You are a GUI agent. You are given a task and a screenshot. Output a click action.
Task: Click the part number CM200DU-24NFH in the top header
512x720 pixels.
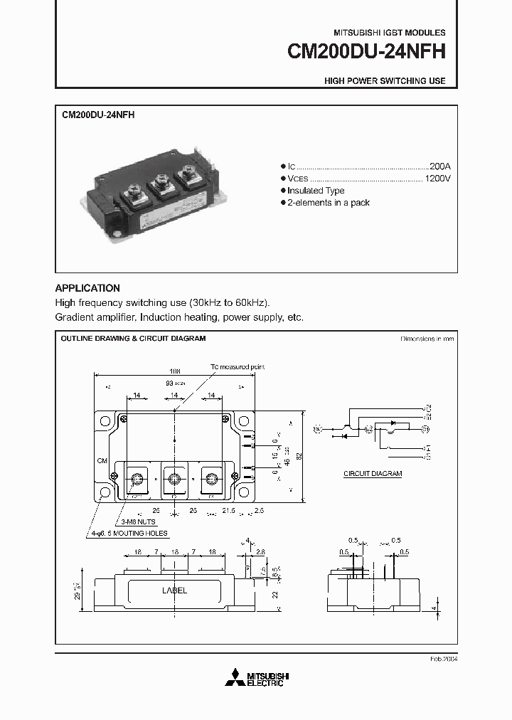[366, 53]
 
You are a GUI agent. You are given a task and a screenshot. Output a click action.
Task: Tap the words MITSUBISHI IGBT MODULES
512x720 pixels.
[390, 33]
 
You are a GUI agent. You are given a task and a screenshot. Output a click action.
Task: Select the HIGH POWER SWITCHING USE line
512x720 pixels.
[385, 81]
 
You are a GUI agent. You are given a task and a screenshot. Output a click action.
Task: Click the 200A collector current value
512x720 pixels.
[439, 164]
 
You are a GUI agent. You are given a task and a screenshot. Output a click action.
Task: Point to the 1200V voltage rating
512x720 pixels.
[437, 178]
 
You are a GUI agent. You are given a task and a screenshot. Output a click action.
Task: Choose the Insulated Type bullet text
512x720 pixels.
[316, 191]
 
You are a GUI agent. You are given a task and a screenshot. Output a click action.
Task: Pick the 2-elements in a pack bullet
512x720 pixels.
[328, 203]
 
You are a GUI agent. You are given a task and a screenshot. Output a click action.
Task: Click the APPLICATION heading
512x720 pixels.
[87, 288]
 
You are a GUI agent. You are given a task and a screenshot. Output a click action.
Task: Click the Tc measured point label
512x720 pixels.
[237, 366]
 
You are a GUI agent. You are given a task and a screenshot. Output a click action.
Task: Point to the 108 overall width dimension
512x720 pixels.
[175, 371]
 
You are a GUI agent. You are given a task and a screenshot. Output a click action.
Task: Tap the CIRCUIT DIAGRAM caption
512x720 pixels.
[373, 473]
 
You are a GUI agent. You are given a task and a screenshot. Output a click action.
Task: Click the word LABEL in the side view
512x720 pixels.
[175, 590]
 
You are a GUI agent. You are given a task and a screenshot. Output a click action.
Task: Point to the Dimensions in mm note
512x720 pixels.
[427, 339]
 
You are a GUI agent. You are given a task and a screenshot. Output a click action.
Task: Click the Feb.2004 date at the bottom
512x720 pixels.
[443, 659]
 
